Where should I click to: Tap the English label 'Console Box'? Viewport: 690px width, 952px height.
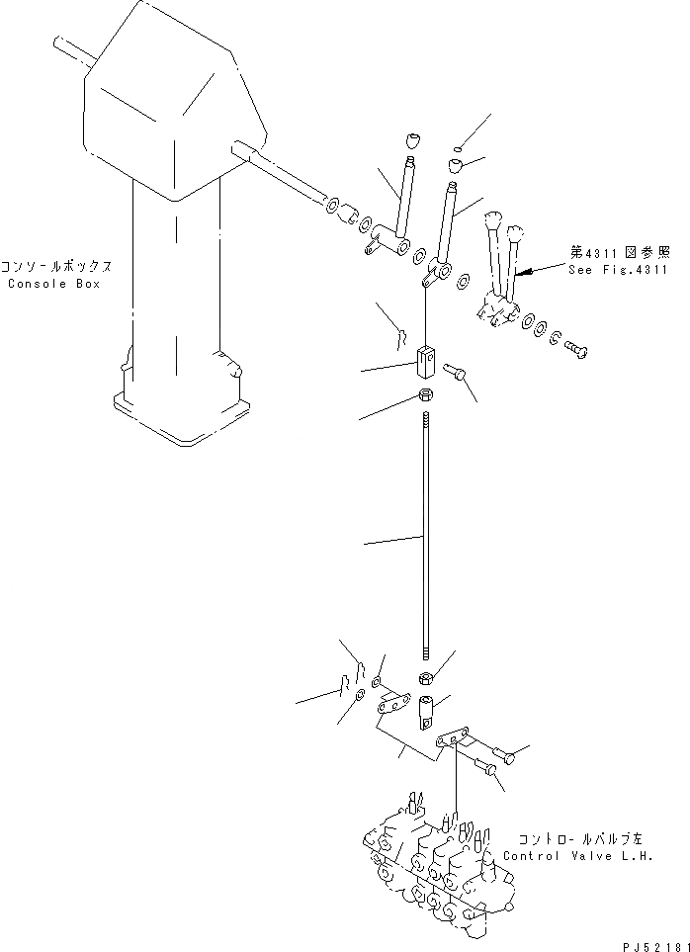pyautogui.click(x=54, y=284)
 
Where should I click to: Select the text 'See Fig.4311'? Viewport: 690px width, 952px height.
pyautogui.click(x=619, y=270)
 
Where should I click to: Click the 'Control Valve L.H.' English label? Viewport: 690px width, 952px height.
pyautogui.click(x=578, y=856)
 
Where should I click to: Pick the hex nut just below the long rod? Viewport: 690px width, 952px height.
pyautogui.click(x=424, y=678)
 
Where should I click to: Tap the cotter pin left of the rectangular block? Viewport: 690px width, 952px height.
pyautogui.click(x=398, y=338)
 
